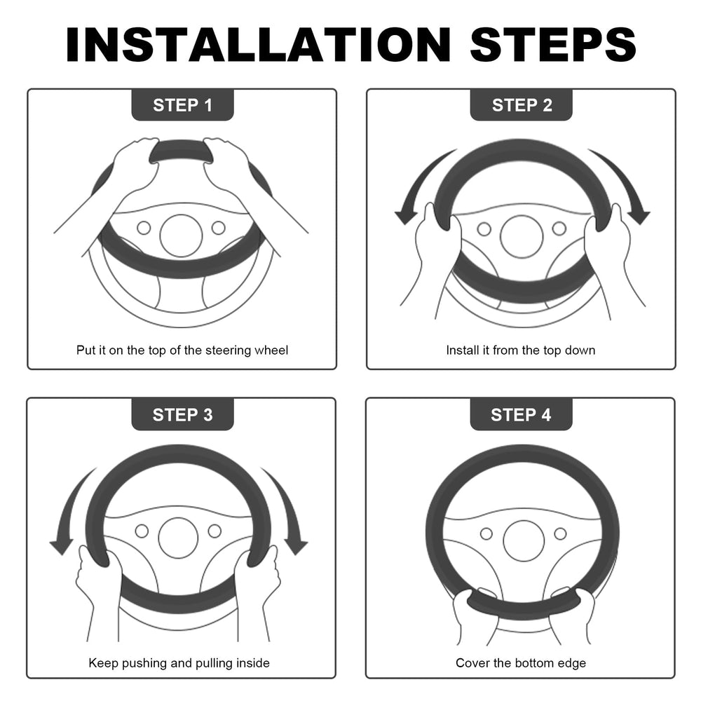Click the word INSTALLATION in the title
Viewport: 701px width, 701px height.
click(258, 45)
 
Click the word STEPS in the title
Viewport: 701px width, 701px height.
click(554, 45)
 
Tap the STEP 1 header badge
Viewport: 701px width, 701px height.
click(182, 105)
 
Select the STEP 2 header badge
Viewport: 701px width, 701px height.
click(522, 105)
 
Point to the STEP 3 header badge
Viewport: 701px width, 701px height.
click(182, 414)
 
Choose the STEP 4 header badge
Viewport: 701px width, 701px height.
click(522, 414)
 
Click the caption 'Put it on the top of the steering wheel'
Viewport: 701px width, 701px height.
click(182, 350)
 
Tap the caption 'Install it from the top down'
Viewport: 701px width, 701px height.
click(521, 350)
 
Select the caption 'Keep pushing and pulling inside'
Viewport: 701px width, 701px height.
click(179, 662)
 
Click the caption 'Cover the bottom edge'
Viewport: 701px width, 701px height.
click(521, 662)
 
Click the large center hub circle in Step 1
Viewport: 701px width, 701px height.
click(181, 236)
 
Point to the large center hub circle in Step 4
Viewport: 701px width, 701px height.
click(524, 540)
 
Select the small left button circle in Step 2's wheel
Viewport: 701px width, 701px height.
click(484, 229)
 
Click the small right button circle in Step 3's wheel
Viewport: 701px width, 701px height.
click(215, 531)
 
